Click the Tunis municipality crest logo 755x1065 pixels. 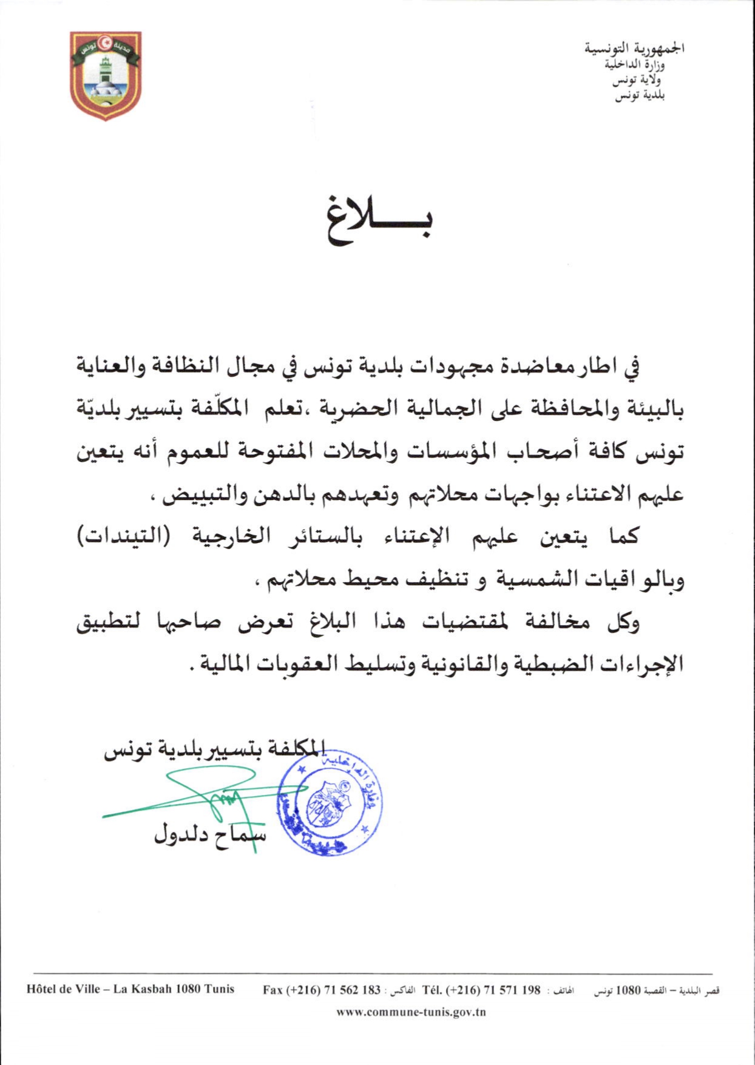(106, 75)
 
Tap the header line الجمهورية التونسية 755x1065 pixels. (634, 48)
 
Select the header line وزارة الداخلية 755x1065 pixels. (634, 64)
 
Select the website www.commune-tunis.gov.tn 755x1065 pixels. (411, 1012)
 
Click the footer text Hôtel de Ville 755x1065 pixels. (63, 989)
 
